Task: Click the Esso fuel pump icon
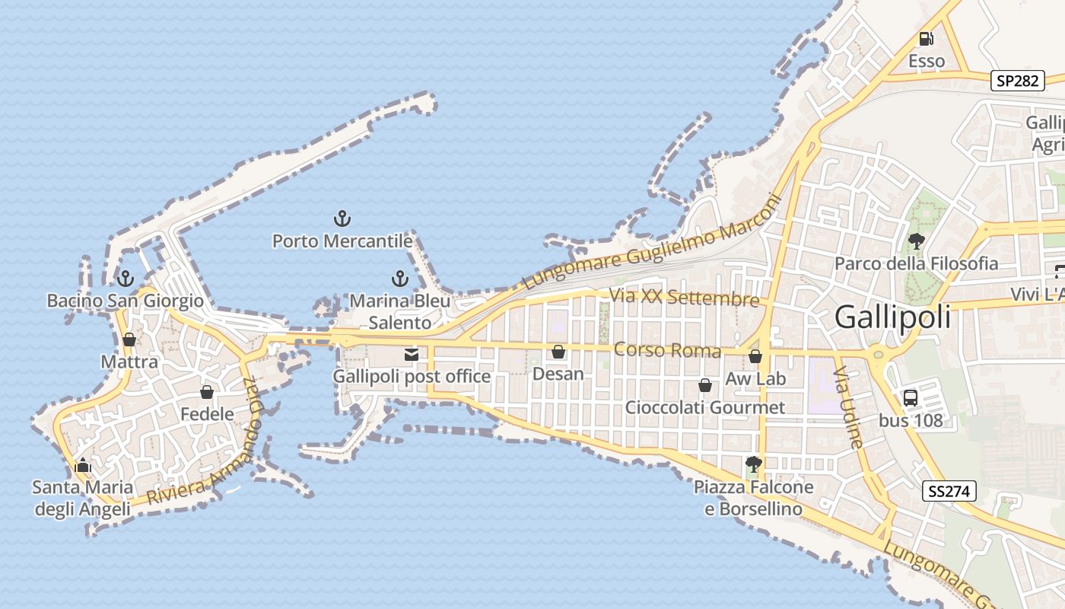[x=926, y=39]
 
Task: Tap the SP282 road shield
[x=1017, y=81]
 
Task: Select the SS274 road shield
[x=950, y=491]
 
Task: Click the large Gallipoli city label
[x=892, y=317]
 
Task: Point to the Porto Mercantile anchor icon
[x=342, y=220]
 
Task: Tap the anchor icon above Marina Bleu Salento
[x=399, y=279]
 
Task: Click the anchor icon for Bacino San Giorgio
[x=126, y=279]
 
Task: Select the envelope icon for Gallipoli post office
[x=412, y=354]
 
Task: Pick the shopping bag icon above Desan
[x=558, y=352]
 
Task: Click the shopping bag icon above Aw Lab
[x=755, y=356]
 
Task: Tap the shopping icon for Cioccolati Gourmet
[x=705, y=385]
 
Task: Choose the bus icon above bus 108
[x=910, y=397]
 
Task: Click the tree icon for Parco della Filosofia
[x=916, y=242]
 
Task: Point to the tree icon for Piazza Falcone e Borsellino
[x=754, y=464]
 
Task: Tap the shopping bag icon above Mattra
[x=129, y=340]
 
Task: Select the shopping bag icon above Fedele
[x=207, y=392]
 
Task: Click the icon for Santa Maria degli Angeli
[x=82, y=465]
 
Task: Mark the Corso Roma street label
[x=666, y=350]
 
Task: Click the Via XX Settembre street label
[x=684, y=297]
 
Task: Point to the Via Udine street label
[x=848, y=407]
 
